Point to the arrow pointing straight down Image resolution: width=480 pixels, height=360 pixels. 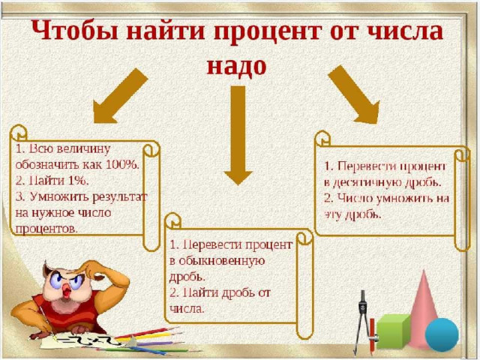(238, 135)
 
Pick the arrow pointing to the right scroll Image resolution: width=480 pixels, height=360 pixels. (354, 94)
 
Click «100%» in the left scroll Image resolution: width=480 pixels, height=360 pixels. (122, 164)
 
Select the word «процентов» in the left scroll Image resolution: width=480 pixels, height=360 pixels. (46, 229)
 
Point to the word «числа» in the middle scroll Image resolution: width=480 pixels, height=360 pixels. (187, 308)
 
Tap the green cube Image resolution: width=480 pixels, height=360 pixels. (393, 332)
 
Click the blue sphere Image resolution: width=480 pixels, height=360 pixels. (442, 334)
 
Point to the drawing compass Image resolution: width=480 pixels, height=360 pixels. (365, 324)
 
